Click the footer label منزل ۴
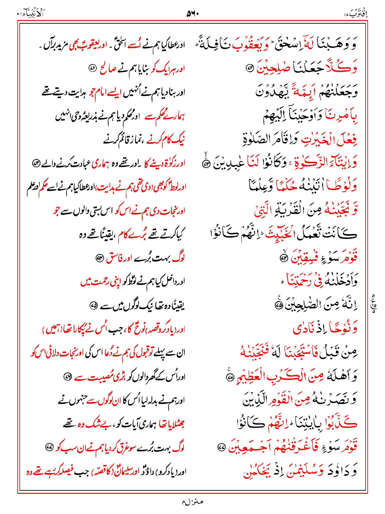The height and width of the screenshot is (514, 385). coord(192,502)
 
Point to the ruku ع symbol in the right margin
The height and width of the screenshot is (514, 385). coord(374,304)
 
